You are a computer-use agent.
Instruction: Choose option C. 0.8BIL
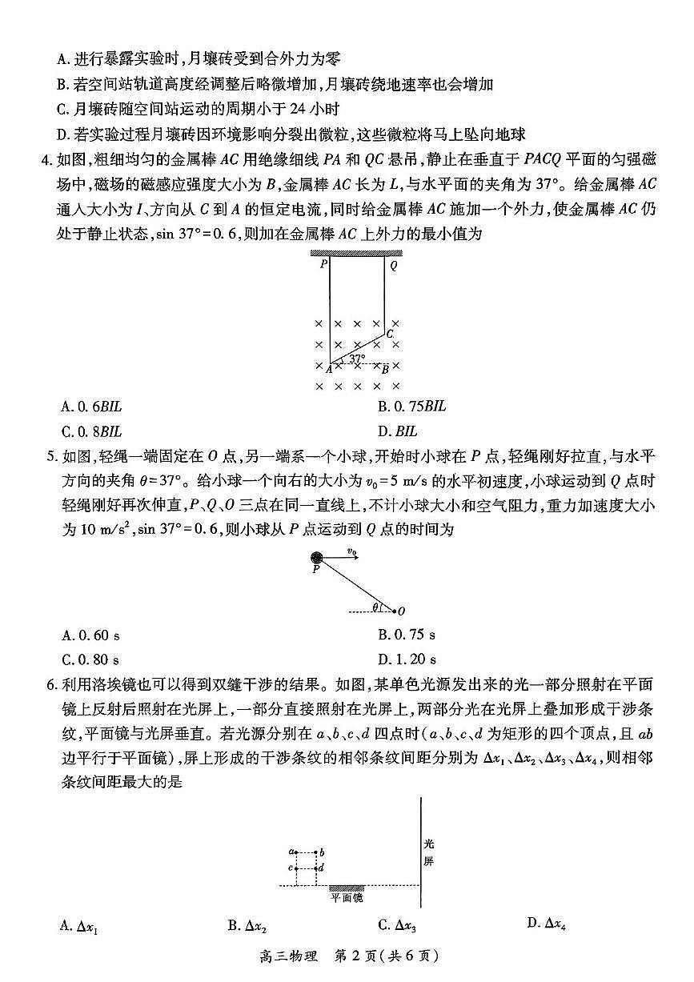pos(91,431)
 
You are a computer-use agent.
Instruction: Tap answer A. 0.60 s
pos(90,635)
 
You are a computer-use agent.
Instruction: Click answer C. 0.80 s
pos(90,660)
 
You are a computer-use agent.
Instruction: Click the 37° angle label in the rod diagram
pos(358,359)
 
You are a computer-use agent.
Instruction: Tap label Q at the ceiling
pos(393,266)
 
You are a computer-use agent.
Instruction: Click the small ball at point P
pos(317,558)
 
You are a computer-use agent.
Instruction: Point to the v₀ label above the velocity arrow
pos(351,551)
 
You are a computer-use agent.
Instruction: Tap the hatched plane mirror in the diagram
pos(347,888)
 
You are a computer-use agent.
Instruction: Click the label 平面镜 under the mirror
pos(347,899)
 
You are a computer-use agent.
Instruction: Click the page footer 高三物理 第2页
pos(347,956)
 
